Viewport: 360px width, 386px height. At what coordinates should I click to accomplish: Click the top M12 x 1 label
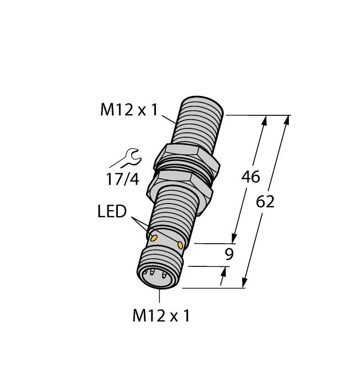pyautogui.click(x=128, y=110)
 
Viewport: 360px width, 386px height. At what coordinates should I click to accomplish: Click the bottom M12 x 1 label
pyautogui.click(x=161, y=316)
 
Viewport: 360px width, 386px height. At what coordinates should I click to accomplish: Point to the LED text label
pyautogui.click(x=112, y=212)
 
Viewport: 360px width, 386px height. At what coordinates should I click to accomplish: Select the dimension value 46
pyautogui.click(x=251, y=178)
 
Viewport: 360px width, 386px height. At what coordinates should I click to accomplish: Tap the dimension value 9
pyautogui.click(x=230, y=254)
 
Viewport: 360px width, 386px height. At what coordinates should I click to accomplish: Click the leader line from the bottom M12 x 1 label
pyautogui.click(x=160, y=296)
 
